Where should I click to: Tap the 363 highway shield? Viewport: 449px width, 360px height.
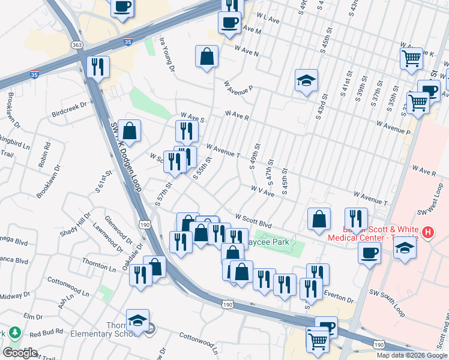pyautogui.click(x=77, y=45)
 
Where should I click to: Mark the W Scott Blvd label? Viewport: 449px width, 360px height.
pyautogui.click(x=258, y=219)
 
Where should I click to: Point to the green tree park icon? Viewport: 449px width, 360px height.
pyautogui.click(x=13, y=333)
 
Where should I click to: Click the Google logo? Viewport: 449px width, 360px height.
pyautogui.click(x=20, y=353)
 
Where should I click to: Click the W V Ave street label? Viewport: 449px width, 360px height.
pyautogui.click(x=262, y=191)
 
